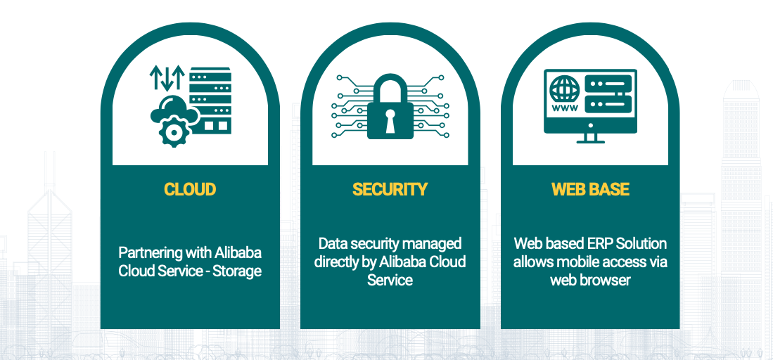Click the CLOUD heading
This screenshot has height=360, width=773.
(190, 189)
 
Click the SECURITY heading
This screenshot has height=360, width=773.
(390, 189)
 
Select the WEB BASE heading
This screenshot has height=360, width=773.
(590, 189)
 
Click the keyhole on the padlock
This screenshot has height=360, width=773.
(390, 120)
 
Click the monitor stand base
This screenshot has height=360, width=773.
(591, 141)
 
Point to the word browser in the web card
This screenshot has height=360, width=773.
(607, 280)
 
